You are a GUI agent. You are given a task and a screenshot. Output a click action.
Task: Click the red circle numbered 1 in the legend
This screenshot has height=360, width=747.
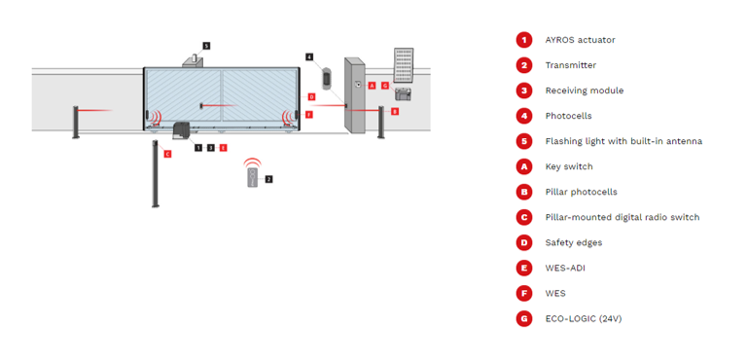coord(523,40)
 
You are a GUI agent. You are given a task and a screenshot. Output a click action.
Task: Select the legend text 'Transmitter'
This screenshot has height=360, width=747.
coord(571,65)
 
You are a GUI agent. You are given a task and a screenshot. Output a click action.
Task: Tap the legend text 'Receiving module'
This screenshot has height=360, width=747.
coord(585,90)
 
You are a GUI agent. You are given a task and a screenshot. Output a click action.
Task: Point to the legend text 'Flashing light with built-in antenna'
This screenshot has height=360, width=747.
coord(623,141)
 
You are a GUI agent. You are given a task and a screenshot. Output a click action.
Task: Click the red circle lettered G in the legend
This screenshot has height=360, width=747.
coord(523,318)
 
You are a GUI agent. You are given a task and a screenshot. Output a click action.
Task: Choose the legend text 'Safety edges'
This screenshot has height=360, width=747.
coord(574,242)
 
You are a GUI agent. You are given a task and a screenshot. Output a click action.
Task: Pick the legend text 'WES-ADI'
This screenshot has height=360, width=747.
coord(565,268)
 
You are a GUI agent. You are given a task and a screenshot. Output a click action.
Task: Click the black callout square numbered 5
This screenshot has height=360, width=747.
coord(206,46)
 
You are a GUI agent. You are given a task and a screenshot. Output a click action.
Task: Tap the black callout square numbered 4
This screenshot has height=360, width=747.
coord(309,57)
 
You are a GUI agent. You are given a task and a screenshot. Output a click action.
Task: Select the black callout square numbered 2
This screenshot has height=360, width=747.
coord(268,179)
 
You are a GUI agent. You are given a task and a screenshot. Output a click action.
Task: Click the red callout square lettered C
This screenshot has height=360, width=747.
coord(167,154)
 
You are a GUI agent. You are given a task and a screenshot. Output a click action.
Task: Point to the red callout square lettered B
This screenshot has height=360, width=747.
coord(395,112)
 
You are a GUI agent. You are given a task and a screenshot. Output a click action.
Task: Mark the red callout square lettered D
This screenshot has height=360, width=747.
coord(311,96)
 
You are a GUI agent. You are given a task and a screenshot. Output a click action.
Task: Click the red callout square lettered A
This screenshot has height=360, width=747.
coord(372,86)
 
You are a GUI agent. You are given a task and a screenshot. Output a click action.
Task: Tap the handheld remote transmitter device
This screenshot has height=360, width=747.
coord(253,177)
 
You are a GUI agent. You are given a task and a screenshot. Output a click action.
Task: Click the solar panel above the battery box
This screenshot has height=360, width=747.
coord(403,65)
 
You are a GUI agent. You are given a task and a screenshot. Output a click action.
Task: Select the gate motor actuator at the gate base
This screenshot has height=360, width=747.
coord(182,132)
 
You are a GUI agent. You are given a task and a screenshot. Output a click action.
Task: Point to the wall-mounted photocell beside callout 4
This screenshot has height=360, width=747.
coord(327,78)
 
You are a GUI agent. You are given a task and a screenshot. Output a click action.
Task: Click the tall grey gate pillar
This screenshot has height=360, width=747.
coord(354,95)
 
